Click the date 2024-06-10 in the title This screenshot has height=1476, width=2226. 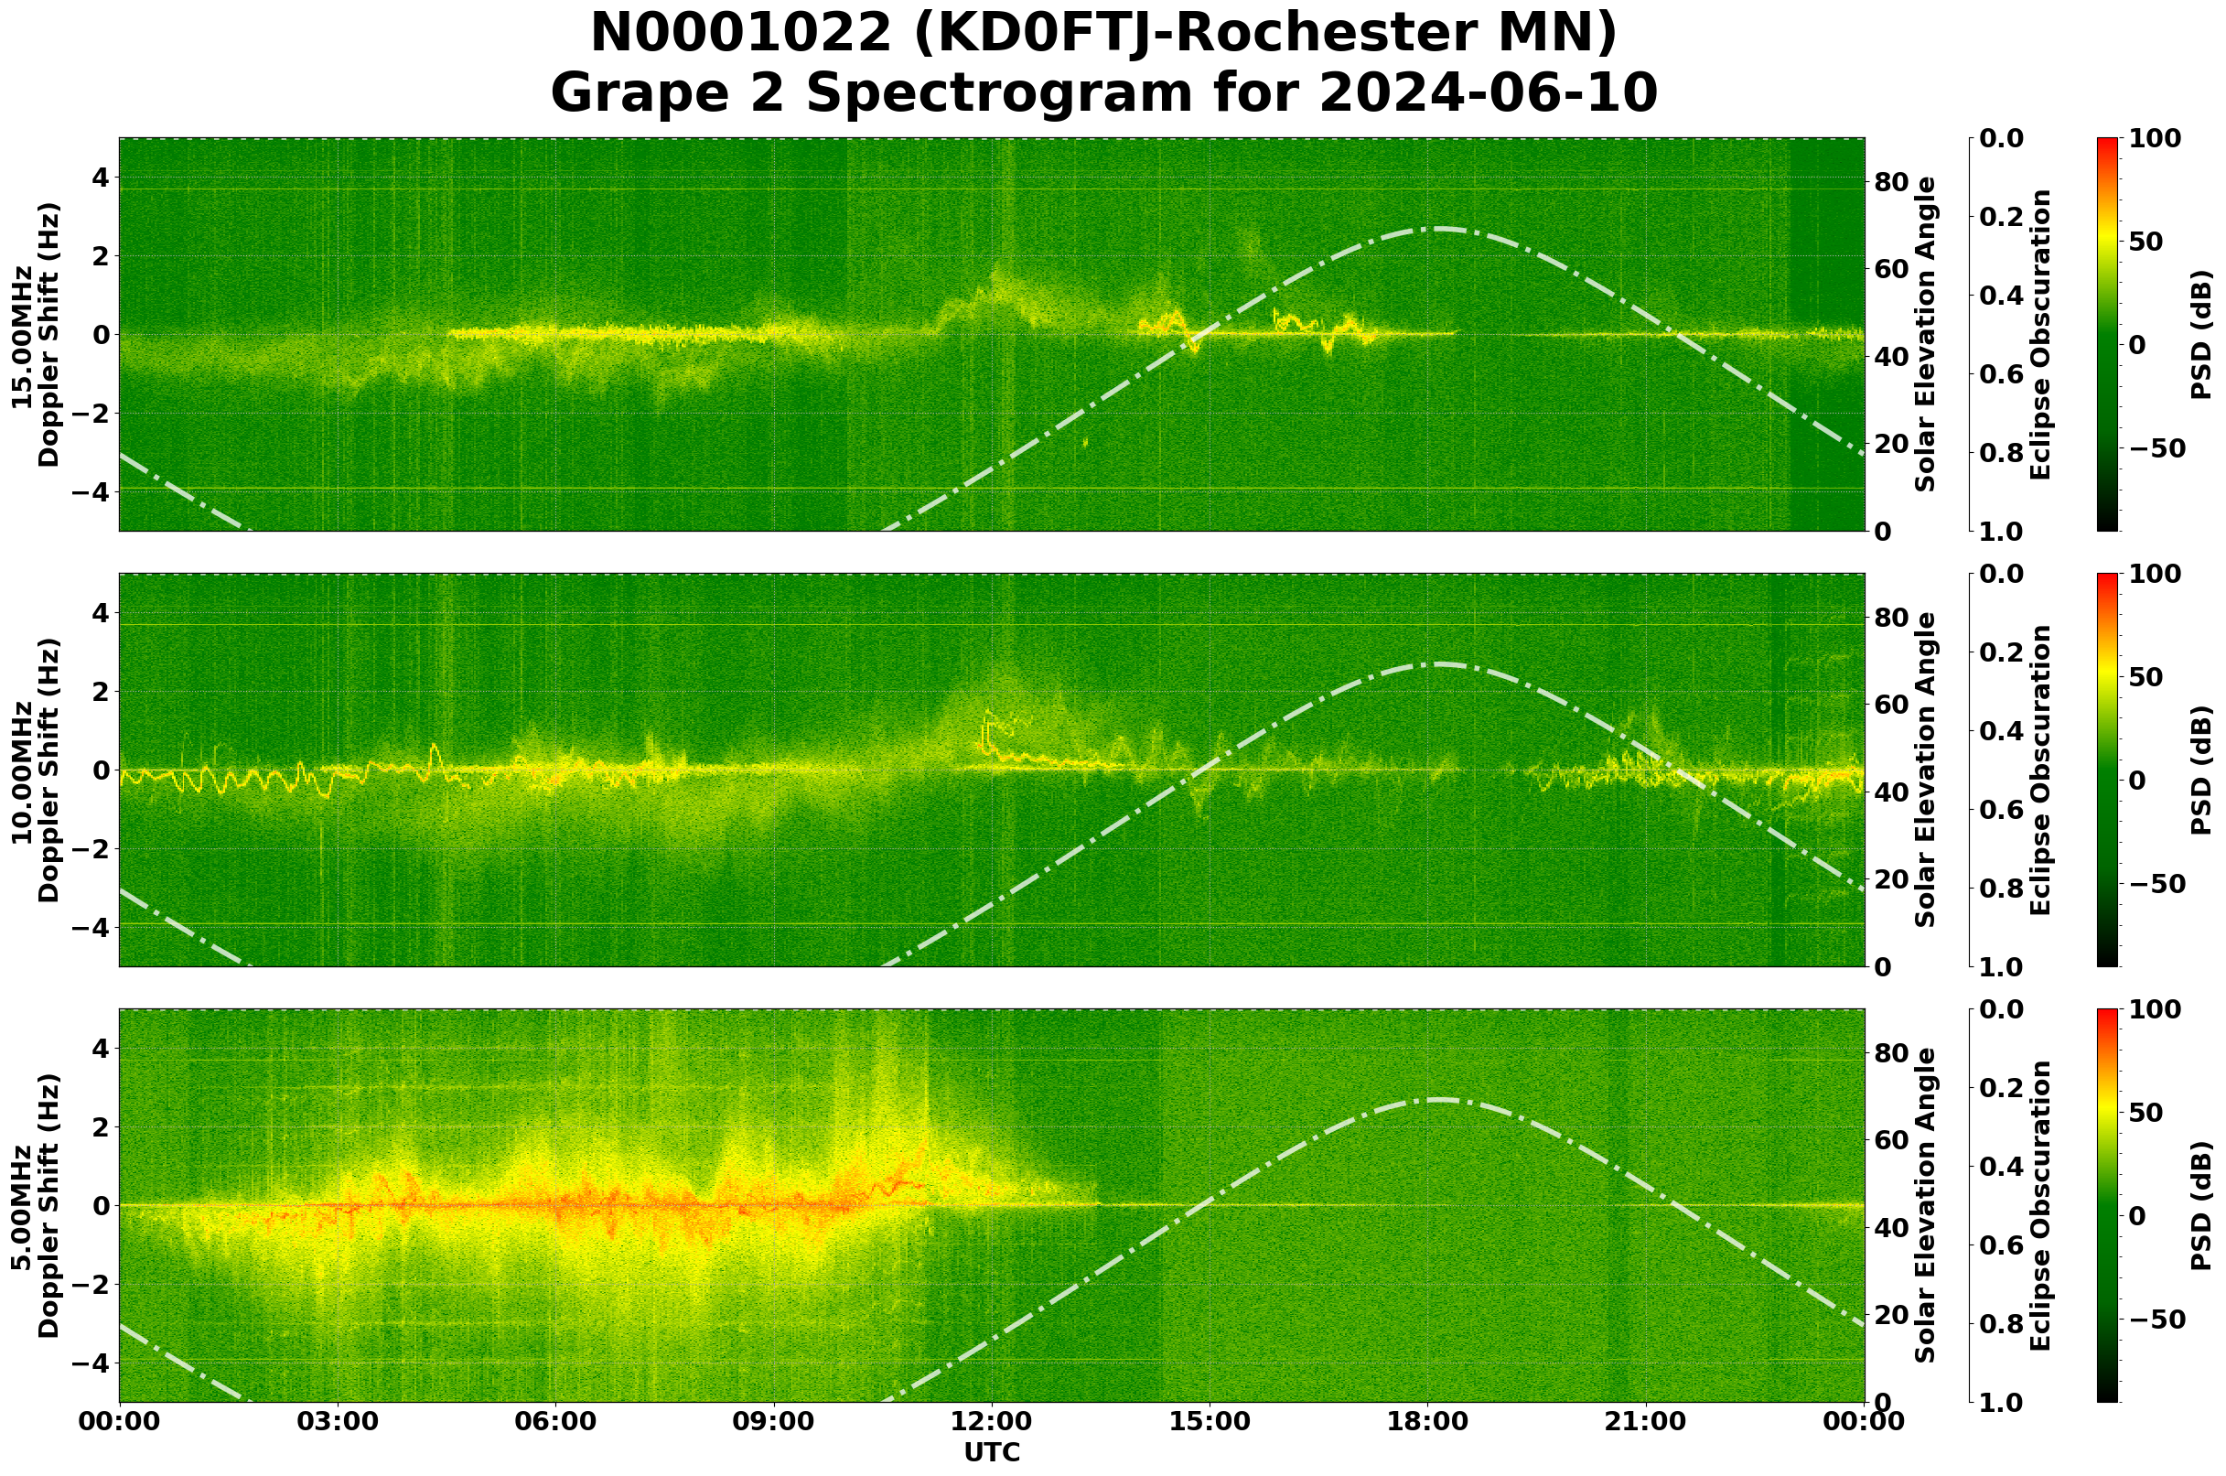click(1487, 93)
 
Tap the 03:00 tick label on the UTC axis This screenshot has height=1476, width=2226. click(337, 1422)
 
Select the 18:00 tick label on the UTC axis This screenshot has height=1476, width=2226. click(1428, 1422)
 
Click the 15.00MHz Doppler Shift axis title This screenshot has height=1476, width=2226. click(36, 334)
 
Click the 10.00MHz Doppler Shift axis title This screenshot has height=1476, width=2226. click(36, 770)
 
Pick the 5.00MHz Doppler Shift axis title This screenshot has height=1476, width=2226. click(36, 1206)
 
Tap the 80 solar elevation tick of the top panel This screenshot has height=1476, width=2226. click(1892, 182)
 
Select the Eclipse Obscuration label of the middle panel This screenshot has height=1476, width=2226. click(2039, 770)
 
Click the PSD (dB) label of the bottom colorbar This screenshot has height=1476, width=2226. click(2200, 1206)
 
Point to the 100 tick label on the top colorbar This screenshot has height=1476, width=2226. click(2155, 139)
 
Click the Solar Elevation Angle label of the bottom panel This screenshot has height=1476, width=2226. click(1926, 1206)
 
